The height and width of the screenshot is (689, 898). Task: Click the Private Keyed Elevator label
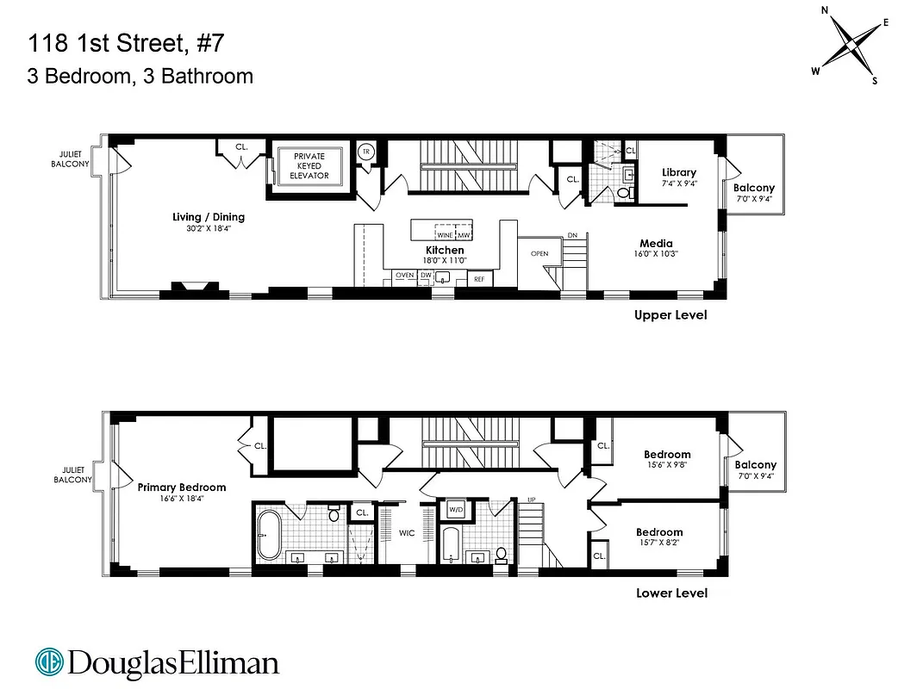click(x=309, y=166)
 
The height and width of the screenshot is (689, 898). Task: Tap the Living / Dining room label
click(x=209, y=217)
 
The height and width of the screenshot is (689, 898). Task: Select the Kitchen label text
click(x=445, y=250)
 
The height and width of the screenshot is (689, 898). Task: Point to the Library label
click(x=679, y=172)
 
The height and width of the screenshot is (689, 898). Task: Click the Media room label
click(x=656, y=244)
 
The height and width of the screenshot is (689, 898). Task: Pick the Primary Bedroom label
click(x=182, y=487)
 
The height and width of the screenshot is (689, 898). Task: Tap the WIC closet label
click(x=407, y=533)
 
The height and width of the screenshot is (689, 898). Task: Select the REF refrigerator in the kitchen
click(x=479, y=279)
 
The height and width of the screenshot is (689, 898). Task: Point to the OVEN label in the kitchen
click(x=404, y=276)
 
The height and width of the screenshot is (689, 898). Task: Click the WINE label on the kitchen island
click(x=445, y=235)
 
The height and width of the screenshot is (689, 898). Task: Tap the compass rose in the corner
click(x=850, y=44)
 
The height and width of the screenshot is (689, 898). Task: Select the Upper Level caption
click(x=670, y=315)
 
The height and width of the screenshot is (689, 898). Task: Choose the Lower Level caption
click(x=671, y=593)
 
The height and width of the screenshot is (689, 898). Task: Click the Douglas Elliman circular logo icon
click(x=49, y=662)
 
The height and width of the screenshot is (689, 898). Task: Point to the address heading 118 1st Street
click(x=128, y=41)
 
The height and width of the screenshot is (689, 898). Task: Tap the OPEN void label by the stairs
click(x=539, y=254)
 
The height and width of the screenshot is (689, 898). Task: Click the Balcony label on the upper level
click(x=754, y=188)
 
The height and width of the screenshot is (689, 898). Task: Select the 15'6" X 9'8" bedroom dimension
click(x=667, y=464)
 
